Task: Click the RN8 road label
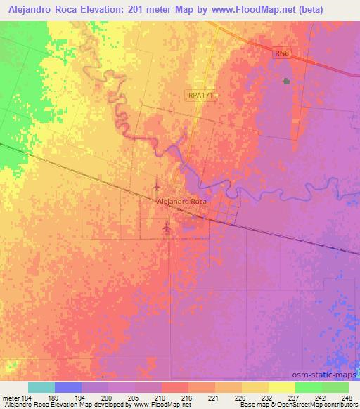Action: pyautogui.click(x=281, y=53)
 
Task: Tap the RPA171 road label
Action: pyautogui.click(x=200, y=96)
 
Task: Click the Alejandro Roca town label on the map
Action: pyautogui.click(x=181, y=202)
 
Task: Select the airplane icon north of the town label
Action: pyautogui.click(x=156, y=187)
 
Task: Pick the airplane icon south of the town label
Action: pyautogui.click(x=166, y=226)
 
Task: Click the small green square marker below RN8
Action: pyautogui.click(x=286, y=82)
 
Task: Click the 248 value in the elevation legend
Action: pyautogui.click(x=346, y=397)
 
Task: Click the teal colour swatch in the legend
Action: pyautogui.click(x=41, y=387)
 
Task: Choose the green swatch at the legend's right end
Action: pyautogui.click(x=335, y=387)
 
